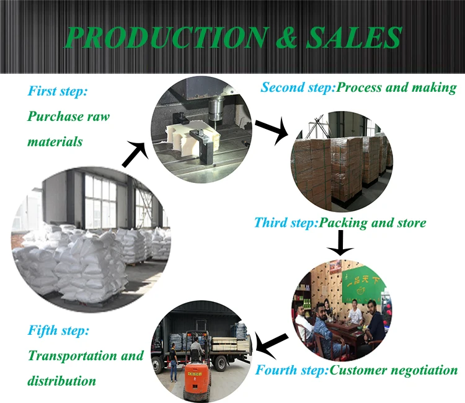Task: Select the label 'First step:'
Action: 58,91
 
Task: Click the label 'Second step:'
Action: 298,87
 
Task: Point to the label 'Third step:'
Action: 286,222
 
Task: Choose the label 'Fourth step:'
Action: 292,371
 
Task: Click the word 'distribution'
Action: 62,380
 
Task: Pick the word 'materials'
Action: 55,141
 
